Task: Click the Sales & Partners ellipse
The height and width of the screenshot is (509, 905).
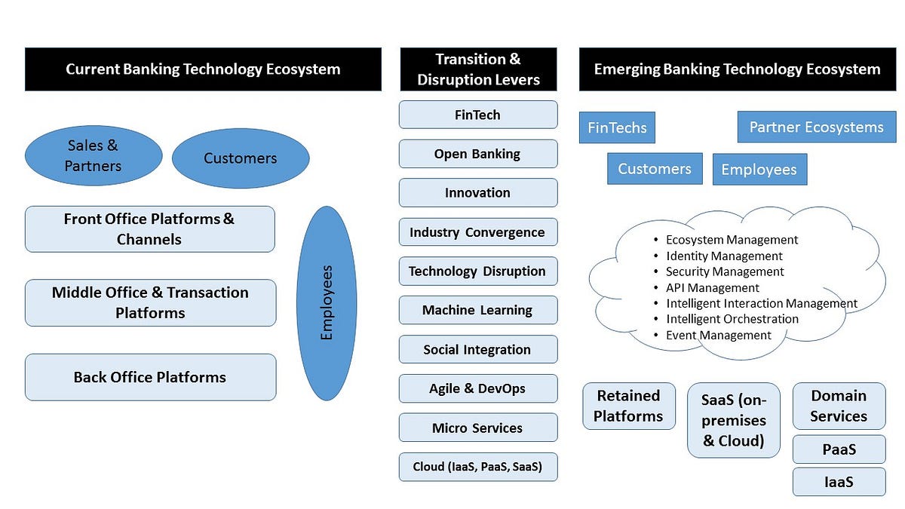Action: pyautogui.click(x=94, y=156)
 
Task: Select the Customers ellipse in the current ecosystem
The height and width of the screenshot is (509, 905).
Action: pyautogui.click(x=241, y=158)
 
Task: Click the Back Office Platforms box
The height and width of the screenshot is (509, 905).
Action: pyautogui.click(x=150, y=377)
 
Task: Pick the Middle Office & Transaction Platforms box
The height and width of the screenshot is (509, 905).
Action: pyautogui.click(x=150, y=302)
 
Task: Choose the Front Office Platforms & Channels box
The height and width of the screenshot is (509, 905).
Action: pyautogui.click(x=149, y=229)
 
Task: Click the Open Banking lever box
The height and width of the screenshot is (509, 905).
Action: pyautogui.click(x=477, y=154)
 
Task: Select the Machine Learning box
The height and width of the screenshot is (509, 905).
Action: pyautogui.click(x=477, y=310)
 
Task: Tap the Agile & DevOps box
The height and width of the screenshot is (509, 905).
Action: pyautogui.click(x=477, y=388)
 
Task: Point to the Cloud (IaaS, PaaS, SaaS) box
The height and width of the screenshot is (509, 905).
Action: pyautogui.click(x=477, y=467)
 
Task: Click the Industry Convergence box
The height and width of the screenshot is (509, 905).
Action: pyautogui.click(x=477, y=232)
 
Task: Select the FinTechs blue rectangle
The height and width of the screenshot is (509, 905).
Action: pyautogui.click(x=617, y=127)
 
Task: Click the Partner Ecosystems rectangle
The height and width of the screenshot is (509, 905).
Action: pyautogui.click(x=816, y=127)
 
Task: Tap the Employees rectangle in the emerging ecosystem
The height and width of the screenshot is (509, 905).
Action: pyautogui.click(x=759, y=170)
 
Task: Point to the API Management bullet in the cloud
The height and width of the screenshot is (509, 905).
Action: pyautogui.click(x=712, y=287)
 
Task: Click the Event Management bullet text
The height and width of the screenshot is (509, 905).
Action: pyautogui.click(x=718, y=335)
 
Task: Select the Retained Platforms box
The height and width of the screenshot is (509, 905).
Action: pyautogui.click(x=628, y=406)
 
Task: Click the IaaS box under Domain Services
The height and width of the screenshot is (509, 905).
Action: pyautogui.click(x=839, y=482)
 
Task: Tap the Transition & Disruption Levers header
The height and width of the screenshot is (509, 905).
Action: pyautogui.click(x=479, y=69)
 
